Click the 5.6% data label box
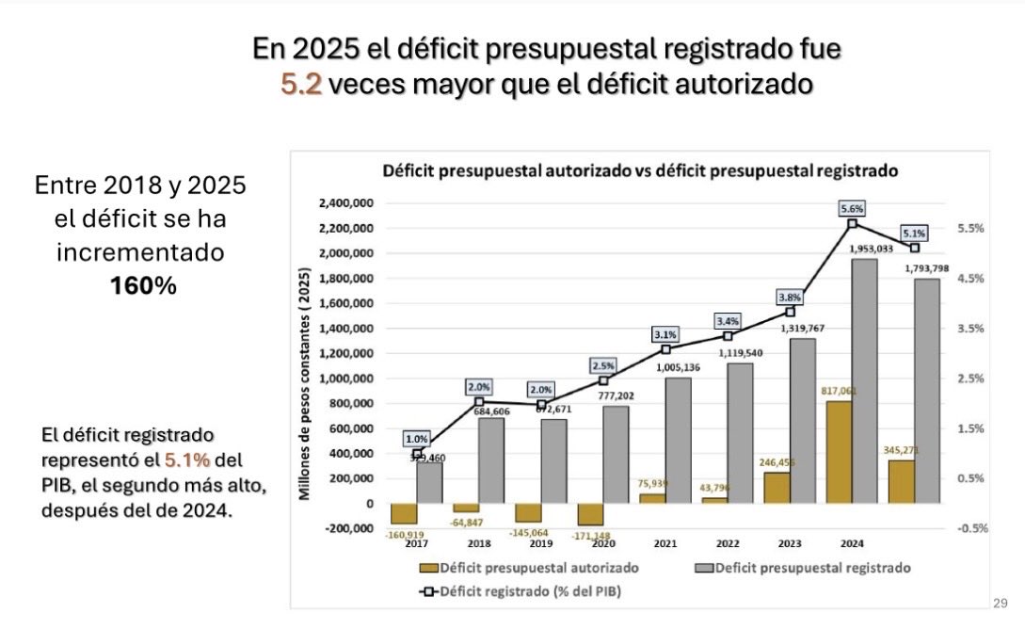[x=852, y=208]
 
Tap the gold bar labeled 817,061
[x=839, y=452]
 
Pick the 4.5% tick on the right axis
[x=972, y=279]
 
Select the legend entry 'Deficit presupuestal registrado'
[x=810, y=568]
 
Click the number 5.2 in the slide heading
[x=301, y=84]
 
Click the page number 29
[x=1000, y=603]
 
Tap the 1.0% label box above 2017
[x=416, y=438]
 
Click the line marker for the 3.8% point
[x=790, y=312]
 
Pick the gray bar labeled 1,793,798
[x=927, y=391]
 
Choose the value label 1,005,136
[x=675, y=367]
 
